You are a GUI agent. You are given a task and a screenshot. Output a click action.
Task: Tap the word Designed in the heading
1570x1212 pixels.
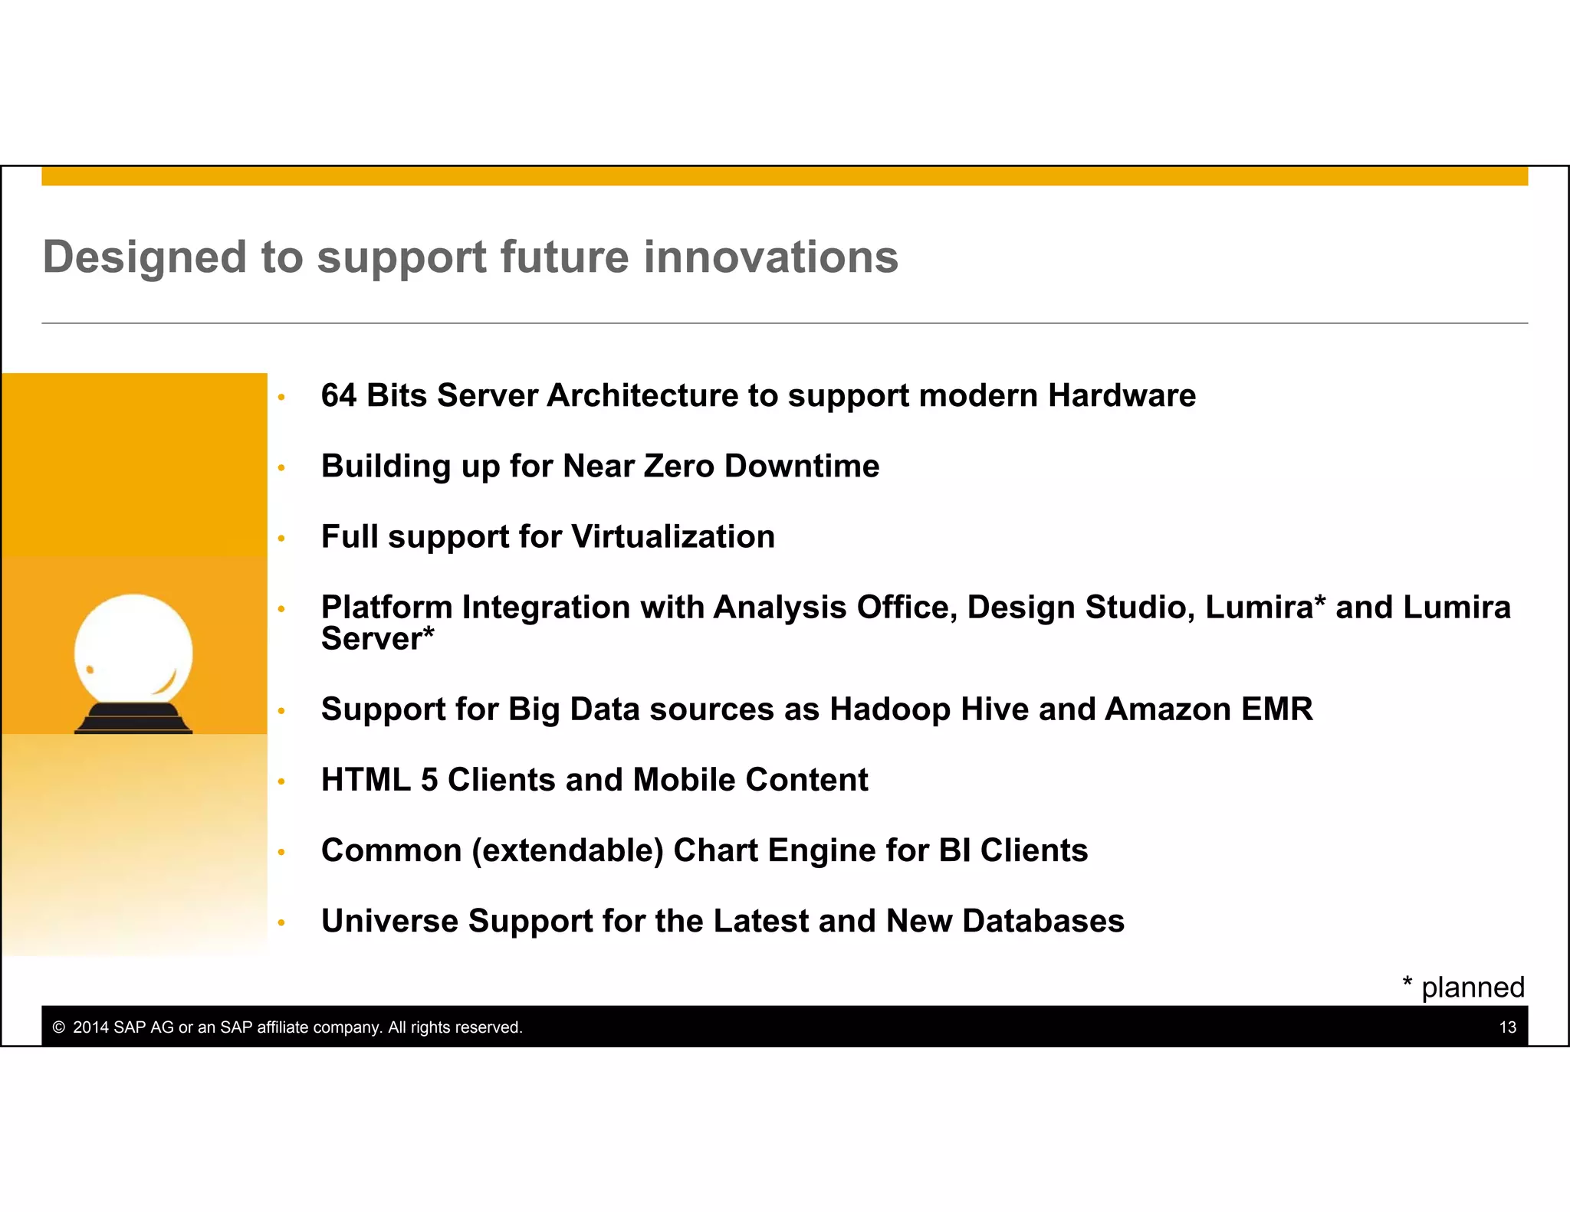click(144, 257)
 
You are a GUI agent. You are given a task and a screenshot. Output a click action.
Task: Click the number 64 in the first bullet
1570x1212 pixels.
click(338, 396)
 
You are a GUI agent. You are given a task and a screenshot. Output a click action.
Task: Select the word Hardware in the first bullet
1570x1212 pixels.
click(1122, 396)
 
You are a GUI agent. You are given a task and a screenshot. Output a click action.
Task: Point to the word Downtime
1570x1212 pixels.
click(801, 467)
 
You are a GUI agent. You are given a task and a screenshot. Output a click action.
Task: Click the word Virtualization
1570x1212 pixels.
click(673, 537)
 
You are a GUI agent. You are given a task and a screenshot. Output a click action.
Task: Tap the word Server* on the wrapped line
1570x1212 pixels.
click(377, 639)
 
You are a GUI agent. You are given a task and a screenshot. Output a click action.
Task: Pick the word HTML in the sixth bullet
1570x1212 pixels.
click(366, 780)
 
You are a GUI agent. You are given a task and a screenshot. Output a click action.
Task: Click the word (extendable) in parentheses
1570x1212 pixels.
click(567, 851)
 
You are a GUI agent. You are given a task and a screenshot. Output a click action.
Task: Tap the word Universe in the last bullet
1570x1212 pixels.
click(389, 922)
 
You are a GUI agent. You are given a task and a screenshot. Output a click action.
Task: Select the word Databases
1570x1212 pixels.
click(1043, 922)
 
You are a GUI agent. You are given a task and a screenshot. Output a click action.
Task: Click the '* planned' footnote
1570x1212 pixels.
click(1463, 988)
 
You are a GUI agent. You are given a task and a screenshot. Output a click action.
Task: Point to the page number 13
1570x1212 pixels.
click(1507, 1028)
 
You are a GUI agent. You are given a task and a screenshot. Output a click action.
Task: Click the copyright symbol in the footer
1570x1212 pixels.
click(58, 1028)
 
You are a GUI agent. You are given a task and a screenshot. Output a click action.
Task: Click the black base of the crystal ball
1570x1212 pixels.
click(133, 719)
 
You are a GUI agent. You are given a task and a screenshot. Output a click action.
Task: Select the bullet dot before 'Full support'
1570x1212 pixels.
click(281, 539)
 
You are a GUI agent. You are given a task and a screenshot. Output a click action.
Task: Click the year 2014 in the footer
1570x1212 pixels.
click(90, 1028)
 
